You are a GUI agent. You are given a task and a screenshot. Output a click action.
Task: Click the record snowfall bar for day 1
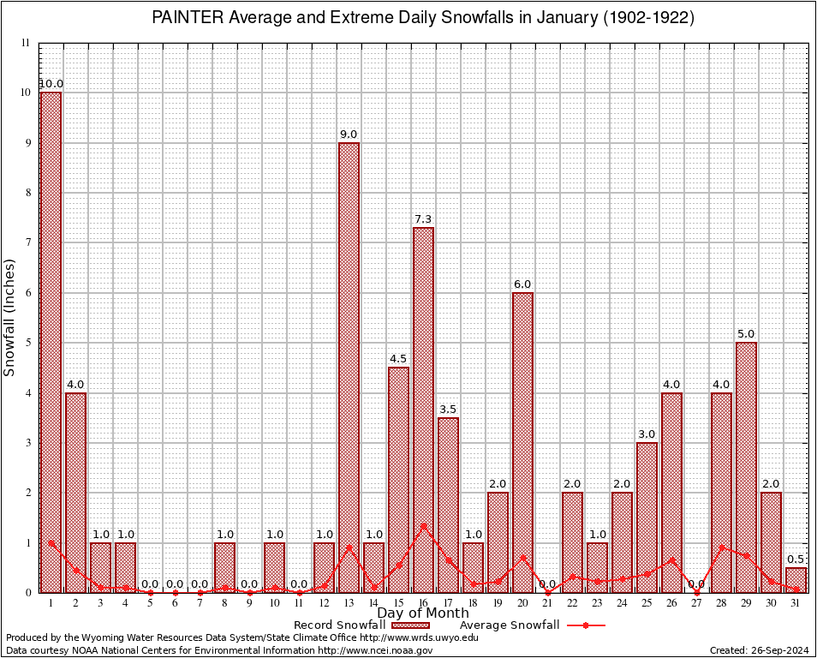pos(51,343)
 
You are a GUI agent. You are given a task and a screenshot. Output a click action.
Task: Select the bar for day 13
pos(349,368)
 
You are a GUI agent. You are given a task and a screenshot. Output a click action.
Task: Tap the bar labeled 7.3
pos(423,411)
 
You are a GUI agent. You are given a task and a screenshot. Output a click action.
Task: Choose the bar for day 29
pos(746,467)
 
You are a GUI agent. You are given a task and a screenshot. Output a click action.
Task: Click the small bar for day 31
pos(796,580)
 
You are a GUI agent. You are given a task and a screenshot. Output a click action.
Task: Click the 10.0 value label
pos(51,84)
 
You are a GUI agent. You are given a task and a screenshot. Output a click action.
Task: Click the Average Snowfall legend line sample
pos(586,625)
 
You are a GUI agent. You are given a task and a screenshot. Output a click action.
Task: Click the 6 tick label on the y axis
pos(27,293)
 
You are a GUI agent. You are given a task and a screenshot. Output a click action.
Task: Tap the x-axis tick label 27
pos(696,603)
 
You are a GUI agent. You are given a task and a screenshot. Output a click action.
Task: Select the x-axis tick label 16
pos(423,603)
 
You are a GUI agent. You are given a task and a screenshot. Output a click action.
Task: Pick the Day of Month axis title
pos(423,613)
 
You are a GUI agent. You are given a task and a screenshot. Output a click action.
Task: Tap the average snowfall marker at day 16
pos(423,526)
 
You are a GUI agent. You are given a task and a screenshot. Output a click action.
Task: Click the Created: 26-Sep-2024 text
pos(759,650)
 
